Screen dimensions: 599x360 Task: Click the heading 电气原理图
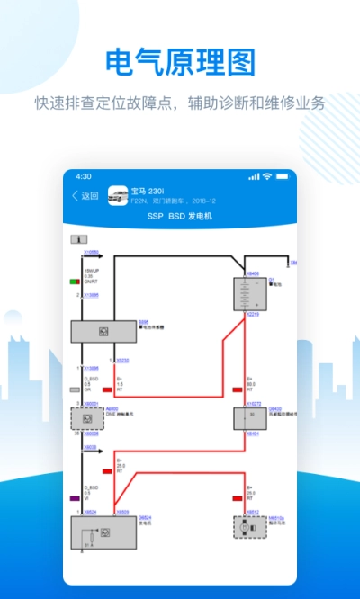(x=180, y=63)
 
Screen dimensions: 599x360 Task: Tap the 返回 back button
(x=85, y=196)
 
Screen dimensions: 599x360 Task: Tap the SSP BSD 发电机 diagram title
(x=179, y=218)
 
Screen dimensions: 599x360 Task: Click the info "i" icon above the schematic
(x=83, y=238)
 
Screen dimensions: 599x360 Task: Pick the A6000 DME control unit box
(x=87, y=417)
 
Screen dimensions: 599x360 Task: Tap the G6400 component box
(x=247, y=416)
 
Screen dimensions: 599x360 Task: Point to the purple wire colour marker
(x=75, y=497)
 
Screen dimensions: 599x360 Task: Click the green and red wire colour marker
(x=75, y=282)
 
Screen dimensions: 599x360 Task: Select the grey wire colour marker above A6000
(x=75, y=389)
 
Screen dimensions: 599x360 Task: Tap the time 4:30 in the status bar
(x=84, y=176)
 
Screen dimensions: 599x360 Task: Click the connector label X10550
(x=92, y=254)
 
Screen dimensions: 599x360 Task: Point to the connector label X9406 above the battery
(x=252, y=273)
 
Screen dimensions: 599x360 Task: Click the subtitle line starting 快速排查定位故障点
(x=180, y=103)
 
